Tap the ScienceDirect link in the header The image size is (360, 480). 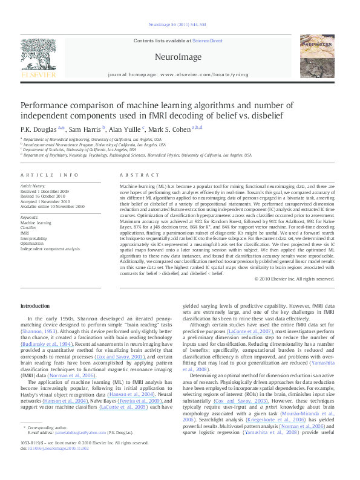coord(207,41)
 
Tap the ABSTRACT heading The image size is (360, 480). coord(136,175)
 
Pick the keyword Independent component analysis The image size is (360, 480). coord(50,248)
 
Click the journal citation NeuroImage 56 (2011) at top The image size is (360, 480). coord(179,24)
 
